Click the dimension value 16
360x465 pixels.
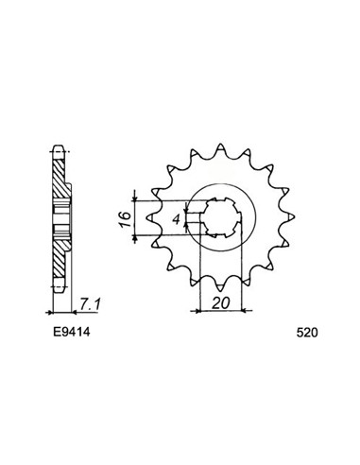click(126, 219)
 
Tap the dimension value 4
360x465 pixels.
click(177, 219)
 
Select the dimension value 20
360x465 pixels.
click(220, 303)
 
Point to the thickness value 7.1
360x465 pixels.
click(90, 304)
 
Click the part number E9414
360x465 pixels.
click(71, 332)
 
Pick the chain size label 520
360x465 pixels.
click(307, 333)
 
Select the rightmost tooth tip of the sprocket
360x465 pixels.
click(294, 216)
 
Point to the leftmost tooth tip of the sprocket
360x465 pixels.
click(148, 216)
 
